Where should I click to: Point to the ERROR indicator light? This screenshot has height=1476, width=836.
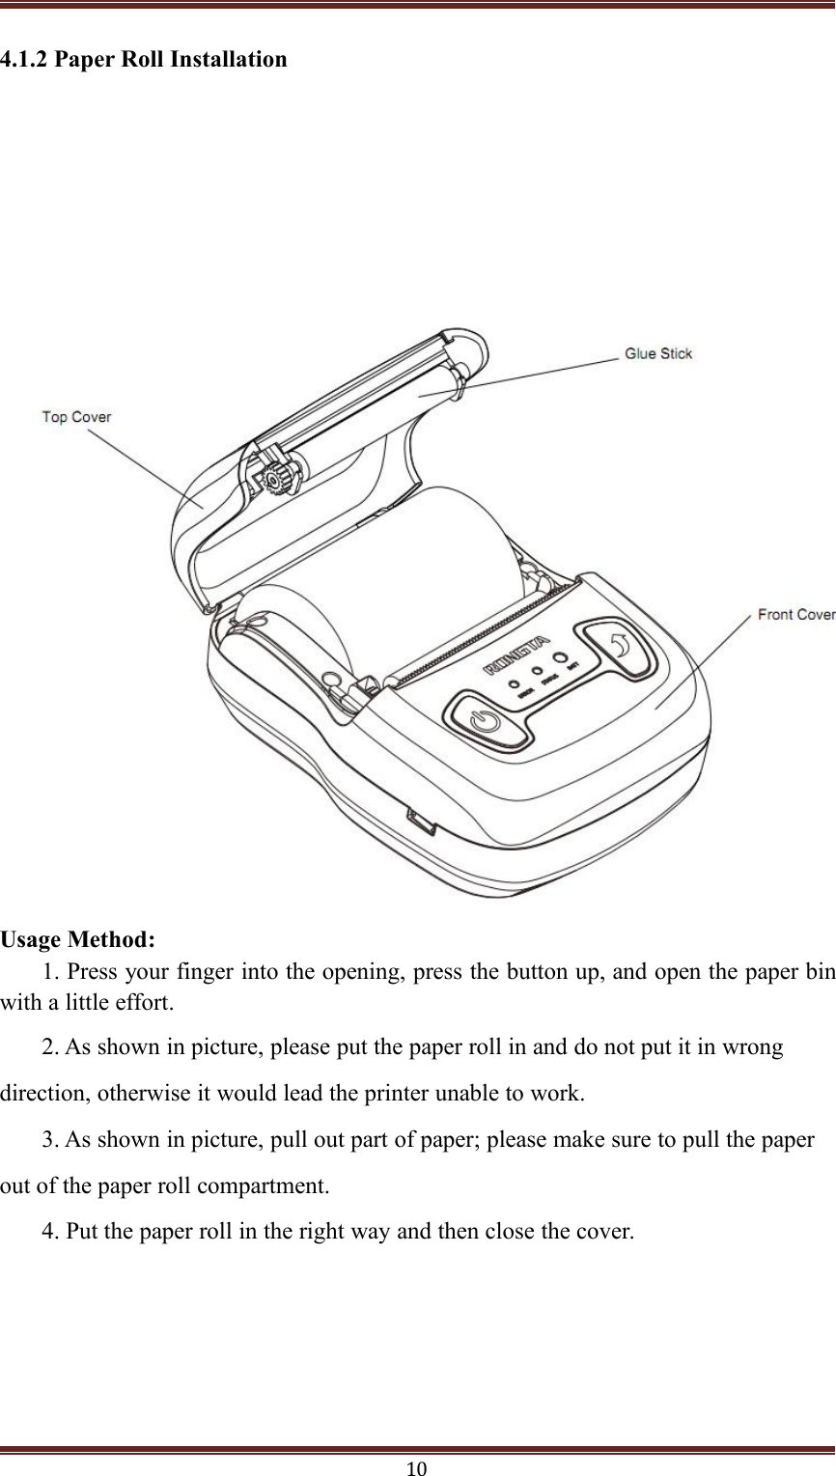point(515,684)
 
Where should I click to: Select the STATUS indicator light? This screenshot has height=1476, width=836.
point(538,671)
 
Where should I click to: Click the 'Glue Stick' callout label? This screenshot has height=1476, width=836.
point(658,353)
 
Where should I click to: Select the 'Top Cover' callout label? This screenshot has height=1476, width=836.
point(76,417)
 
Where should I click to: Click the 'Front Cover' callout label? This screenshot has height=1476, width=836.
point(795,614)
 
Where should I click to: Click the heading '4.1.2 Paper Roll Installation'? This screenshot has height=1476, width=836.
point(144,60)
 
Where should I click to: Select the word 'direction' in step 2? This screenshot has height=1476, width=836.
point(42,1094)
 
